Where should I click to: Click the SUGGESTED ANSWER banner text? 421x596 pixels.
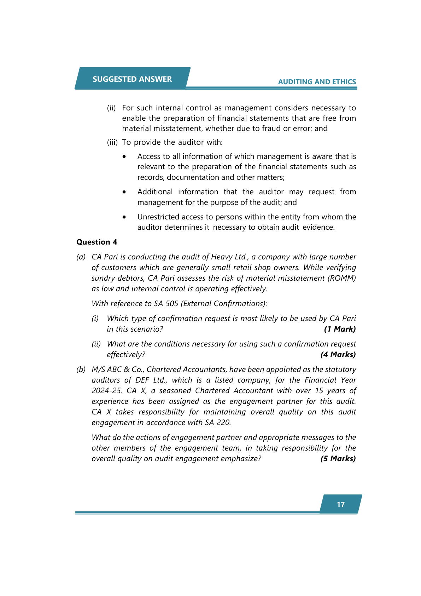coord(132,79)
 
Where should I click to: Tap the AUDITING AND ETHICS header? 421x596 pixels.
coord(317,82)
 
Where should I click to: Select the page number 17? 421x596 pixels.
coord(341,504)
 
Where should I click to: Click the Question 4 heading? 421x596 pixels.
coord(97,242)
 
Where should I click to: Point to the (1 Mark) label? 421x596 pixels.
coord(340,329)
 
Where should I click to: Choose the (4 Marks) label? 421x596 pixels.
coord(338,354)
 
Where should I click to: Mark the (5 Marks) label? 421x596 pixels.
coord(338,458)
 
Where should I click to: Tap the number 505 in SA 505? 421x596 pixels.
coord(172,303)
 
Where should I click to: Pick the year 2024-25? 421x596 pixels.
coord(106,390)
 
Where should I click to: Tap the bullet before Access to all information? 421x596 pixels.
coord(124,156)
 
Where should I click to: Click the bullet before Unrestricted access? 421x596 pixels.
coord(124,217)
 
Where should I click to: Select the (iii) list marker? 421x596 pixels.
coord(112,142)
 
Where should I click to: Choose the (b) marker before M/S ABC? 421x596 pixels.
coord(81,369)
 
